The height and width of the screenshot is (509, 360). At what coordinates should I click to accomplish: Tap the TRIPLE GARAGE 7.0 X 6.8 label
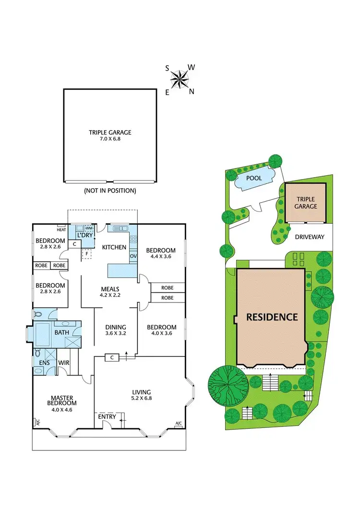110,136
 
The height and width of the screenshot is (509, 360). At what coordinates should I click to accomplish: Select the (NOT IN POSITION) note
110,191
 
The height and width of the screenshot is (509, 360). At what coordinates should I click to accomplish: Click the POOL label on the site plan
254,178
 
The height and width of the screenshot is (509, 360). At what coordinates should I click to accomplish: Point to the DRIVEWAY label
310,237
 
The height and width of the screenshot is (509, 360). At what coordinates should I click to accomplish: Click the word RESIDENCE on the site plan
272,317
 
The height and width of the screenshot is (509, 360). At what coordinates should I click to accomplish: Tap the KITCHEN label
114,247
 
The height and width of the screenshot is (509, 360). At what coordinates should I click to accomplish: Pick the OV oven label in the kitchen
133,256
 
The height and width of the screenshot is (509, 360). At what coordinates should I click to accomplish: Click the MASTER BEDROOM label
64,400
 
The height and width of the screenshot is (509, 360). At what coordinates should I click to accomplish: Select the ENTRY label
107,417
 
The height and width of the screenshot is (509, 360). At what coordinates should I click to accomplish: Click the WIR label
64,363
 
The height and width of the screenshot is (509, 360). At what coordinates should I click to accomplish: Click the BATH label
61,332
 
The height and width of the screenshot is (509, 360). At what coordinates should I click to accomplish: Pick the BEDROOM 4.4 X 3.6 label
161,253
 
